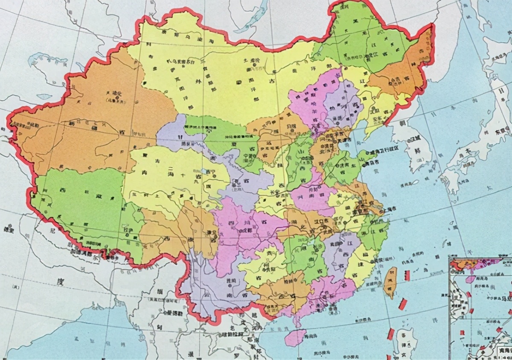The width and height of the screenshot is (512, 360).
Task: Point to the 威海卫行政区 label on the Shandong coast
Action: pyautogui.click(x=387, y=152)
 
